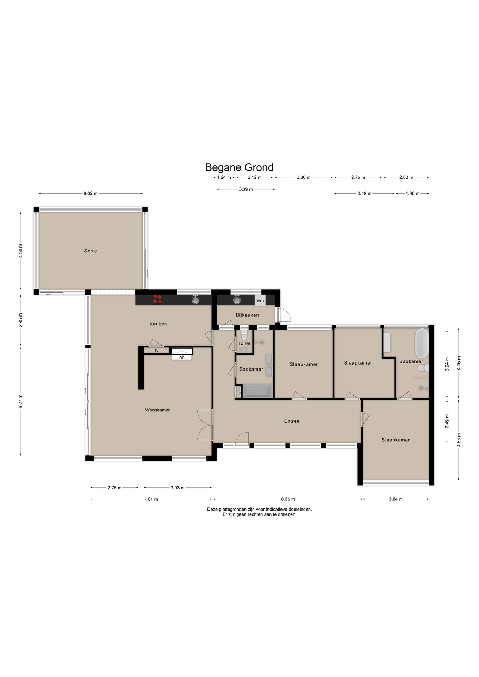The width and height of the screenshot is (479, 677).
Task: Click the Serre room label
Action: (x=90, y=251)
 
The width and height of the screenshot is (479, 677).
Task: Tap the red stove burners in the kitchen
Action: (x=157, y=299)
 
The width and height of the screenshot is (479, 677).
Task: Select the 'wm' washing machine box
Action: (x=260, y=301)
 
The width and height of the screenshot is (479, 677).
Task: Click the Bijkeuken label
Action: (x=247, y=315)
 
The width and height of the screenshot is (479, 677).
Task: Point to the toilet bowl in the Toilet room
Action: (x=244, y=336)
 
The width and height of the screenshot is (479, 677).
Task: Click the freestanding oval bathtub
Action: (x=422, y=343)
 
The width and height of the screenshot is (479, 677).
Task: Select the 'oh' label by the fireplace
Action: (x=182, y=358)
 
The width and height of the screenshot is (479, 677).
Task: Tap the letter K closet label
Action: (x=157, y=350)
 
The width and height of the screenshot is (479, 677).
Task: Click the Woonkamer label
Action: (x=157, y=410)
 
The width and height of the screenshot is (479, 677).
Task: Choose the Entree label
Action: (x=292, y=421)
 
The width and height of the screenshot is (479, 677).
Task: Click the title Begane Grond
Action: (x=239, y=167)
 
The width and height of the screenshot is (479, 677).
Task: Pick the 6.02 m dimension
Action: (x=90, y=194)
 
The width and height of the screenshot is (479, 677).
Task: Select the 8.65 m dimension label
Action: (x=288, y=499)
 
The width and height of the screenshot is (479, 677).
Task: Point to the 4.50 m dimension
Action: (x=21, y=251)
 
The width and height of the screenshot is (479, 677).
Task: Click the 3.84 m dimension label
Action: (x=396, y=499)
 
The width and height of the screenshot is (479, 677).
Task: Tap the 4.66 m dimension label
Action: (x=459, y=440)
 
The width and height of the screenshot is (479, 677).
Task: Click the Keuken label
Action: (x=158, y=324)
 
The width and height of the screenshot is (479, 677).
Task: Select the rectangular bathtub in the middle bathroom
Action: (x=257, y=391)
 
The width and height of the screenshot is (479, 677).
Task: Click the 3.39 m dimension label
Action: (x=246, y=189)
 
